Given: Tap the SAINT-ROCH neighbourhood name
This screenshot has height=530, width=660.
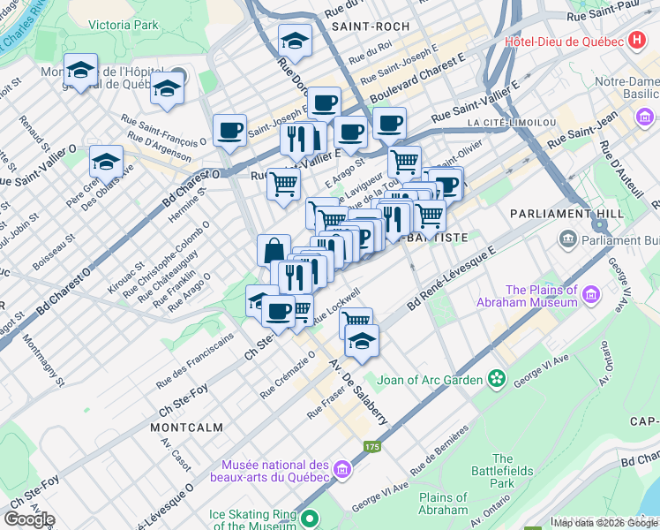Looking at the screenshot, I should pos(371,27).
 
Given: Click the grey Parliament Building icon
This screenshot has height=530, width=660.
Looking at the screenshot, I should pos(567,238).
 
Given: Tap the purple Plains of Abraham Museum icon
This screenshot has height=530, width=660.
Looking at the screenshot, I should pos(590,293).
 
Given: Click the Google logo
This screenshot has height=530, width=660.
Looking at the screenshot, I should pos(29,519).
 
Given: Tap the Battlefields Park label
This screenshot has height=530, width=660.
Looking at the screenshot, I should pos(502,471).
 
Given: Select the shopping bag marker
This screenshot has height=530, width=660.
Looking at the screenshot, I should pos(274,250).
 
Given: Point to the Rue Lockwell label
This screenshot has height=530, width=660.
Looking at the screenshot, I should pos(338,305).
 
